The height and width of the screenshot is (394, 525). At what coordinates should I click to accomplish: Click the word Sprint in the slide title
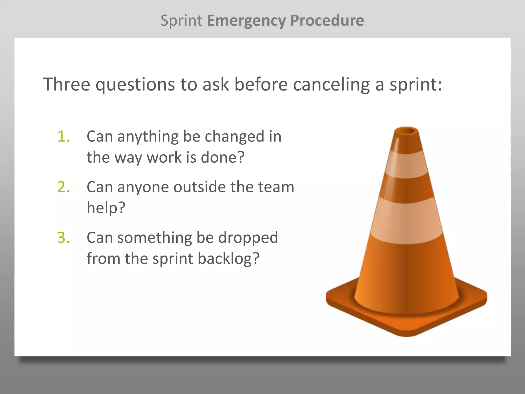click(x=181, y=21)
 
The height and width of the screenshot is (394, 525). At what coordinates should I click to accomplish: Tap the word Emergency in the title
click(x=246, y=21)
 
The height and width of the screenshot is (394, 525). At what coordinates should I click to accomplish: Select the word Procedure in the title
click(x=327, y=21)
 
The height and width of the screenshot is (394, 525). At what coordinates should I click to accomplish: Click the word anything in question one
click(x=148, y=137)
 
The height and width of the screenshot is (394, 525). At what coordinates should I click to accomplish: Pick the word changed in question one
click(x=235, y=136)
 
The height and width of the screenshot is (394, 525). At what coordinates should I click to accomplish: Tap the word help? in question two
click(x=106, y=208)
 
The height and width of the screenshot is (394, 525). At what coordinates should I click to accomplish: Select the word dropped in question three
click(x=248, y=237)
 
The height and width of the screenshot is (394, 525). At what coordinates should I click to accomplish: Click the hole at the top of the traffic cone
click(x=407, y=131)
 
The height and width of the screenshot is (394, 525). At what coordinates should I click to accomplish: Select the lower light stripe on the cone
click(x=407, y=221)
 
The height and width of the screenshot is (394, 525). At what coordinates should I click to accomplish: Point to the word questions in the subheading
click(x=135, y=85)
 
